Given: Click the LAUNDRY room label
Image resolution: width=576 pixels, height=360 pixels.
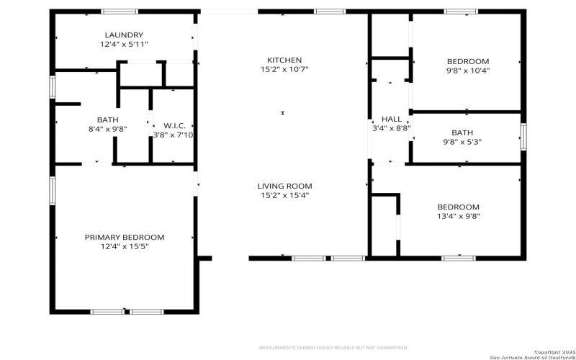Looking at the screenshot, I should tap(124, 35).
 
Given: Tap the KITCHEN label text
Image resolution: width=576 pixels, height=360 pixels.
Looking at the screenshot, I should tap(284, 60).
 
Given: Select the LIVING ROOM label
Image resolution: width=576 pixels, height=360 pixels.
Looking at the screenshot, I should tap(284, 186).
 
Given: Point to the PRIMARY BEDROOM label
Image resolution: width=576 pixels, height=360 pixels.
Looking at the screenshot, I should tap(125, 237).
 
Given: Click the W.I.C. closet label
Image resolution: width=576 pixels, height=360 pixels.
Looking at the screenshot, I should tap(174, 125).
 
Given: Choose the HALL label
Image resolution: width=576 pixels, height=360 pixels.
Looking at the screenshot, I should tap(392, 120).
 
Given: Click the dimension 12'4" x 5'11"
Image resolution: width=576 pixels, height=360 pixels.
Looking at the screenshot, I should tap(124, 44).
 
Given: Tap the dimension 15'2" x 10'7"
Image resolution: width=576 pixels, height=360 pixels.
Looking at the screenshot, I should tap(284, 69).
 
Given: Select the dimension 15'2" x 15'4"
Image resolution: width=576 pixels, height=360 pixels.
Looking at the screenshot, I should tap(284, 195).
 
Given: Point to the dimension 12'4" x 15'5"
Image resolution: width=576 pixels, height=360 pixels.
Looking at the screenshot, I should tap(125, 246).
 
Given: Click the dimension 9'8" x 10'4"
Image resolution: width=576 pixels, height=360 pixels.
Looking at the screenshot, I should tap(468, 71).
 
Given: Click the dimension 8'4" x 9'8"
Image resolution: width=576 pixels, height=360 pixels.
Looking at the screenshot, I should tap(107, 129).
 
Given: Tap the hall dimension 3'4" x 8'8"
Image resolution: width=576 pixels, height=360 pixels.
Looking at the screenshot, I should tap(392, 129).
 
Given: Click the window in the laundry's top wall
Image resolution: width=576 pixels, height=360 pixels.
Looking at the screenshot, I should tap(120, 12).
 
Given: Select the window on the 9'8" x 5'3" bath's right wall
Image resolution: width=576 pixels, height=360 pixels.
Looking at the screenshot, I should tap(523, 137).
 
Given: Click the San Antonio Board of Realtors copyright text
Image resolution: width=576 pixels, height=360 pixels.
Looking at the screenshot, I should tap(531, 355).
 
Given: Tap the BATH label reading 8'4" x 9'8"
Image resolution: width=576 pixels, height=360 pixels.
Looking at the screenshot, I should tap(107, 120).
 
